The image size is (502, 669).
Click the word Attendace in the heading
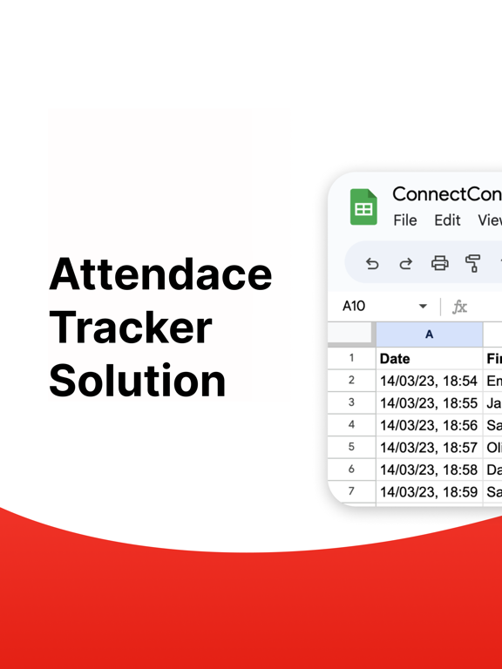160,274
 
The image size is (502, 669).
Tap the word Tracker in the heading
131,327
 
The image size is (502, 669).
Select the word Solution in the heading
138,381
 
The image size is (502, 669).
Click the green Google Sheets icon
363,207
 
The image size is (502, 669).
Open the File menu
405,220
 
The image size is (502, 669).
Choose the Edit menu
447,220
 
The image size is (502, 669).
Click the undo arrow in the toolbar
372,263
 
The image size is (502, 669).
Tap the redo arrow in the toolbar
406,263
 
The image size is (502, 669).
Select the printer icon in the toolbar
440,263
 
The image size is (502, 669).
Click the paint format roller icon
473,263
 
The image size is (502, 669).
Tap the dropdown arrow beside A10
423,307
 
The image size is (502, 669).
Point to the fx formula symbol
459,307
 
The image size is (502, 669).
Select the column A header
429,334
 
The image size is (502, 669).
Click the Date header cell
429,358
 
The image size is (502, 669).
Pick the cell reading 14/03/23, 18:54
429,381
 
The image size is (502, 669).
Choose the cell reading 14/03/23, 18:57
429,448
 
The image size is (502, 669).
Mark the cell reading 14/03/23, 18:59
429,492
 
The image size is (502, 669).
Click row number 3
351,402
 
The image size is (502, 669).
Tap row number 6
351,470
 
